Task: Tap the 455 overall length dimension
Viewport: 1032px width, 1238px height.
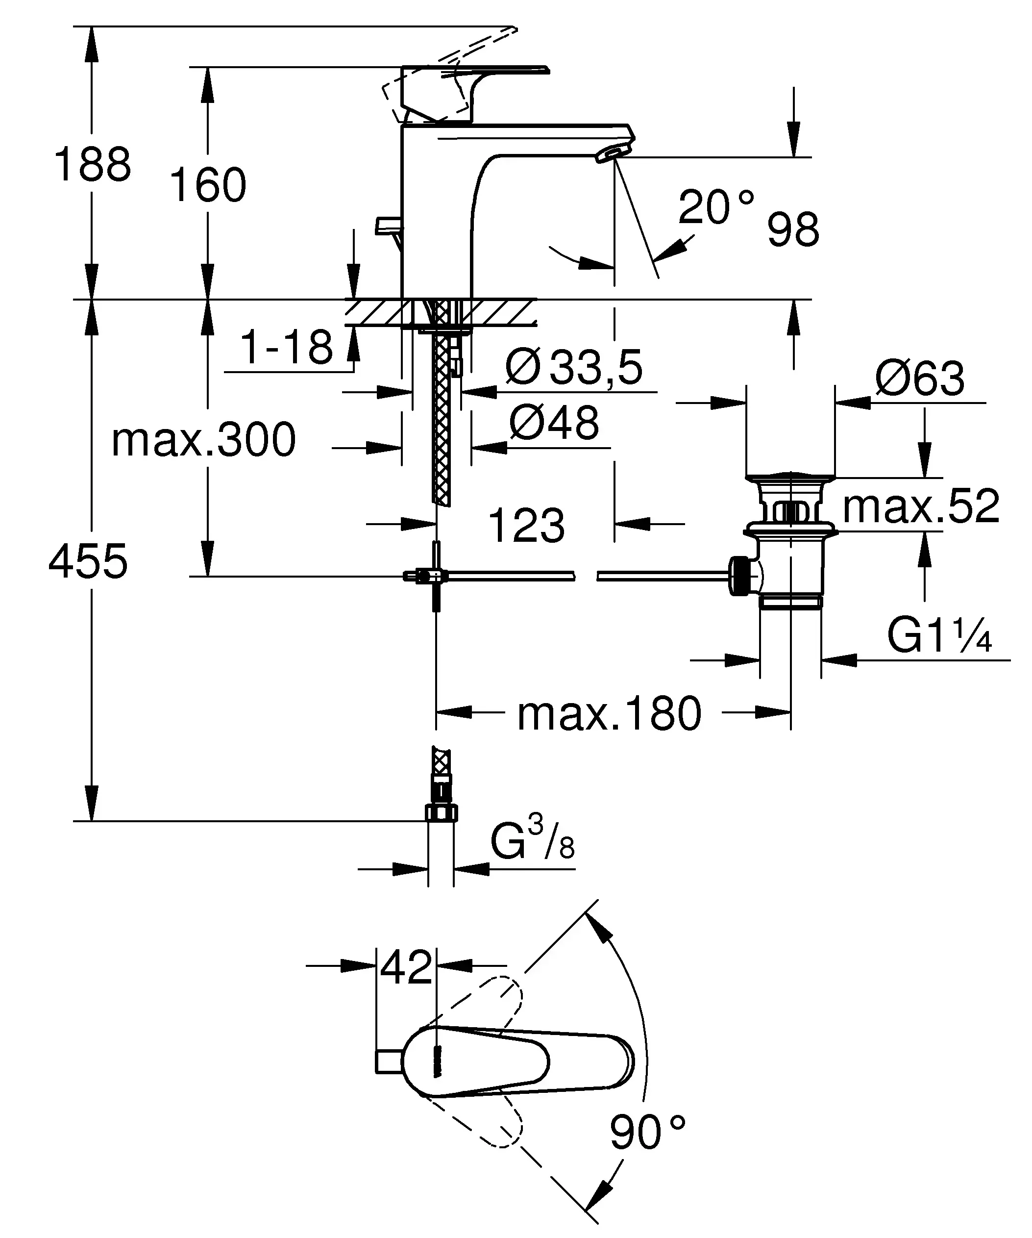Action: tap(88, 561)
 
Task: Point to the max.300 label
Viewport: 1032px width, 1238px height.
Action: tap(203, 440)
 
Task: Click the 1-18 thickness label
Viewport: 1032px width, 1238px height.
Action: tap(287, 347)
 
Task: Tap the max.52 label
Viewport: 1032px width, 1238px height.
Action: tap(921, 506)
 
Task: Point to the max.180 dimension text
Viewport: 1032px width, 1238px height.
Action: tap(609, 714)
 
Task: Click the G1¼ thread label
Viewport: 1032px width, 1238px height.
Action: tap(939, 637)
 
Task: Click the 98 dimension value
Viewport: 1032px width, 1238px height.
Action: tap(793, 230)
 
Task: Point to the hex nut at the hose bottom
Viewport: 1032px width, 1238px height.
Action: tap(441, 814)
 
